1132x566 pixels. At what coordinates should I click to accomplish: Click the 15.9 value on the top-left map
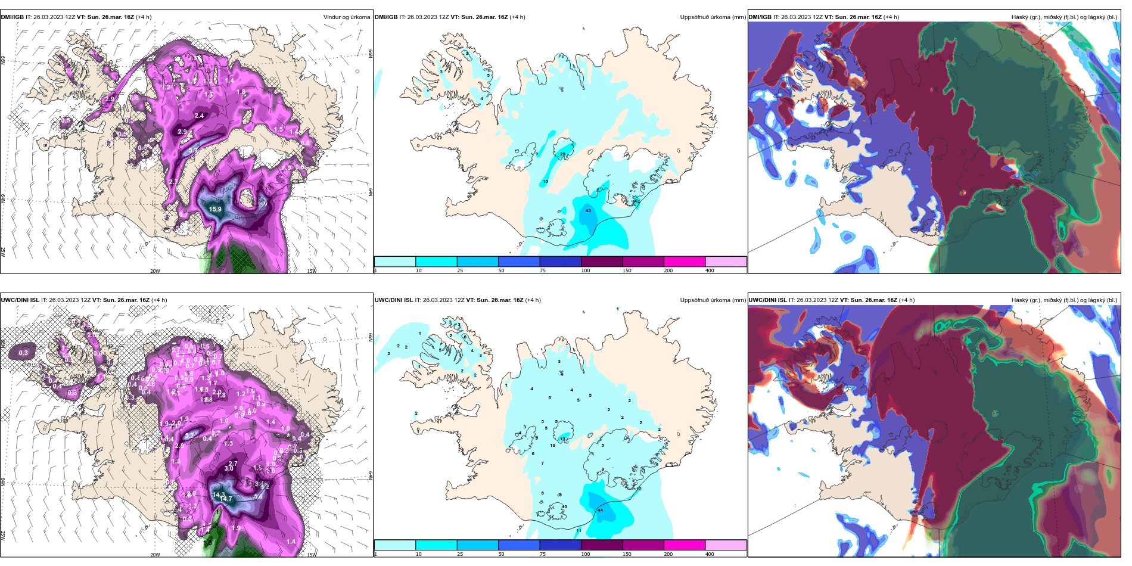pos(215,209)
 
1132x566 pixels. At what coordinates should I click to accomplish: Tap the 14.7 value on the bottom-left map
pos(226,499)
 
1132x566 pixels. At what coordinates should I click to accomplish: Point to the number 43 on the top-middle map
pos(588,210)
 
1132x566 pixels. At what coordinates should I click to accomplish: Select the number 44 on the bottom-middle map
pos(600,510)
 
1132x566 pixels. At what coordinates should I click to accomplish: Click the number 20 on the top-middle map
pos(562,154)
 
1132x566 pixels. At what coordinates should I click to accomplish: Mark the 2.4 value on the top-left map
pos(199,116)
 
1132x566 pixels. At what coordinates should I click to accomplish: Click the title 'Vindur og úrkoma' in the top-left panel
pos(346,17)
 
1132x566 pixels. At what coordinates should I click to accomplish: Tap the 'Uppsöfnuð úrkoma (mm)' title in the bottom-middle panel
pos(713,300)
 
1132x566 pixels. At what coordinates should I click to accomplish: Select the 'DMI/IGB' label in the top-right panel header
pos(760,17)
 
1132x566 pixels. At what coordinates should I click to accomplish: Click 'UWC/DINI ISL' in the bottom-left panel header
pos(20,300)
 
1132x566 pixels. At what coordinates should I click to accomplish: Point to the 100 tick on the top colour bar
pos(586,270)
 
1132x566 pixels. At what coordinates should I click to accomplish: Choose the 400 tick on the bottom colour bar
pos(710,553)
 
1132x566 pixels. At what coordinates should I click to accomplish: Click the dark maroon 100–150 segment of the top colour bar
pos(601,262)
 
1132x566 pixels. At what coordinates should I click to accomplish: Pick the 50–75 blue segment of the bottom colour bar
pos(518,545)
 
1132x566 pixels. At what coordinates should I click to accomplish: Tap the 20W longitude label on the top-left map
pos(155,271)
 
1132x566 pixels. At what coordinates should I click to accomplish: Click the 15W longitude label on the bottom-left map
pos(312,554)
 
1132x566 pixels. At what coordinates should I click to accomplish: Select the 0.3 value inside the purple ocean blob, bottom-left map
pos(23,353)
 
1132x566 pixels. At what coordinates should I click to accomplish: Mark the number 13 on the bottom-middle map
pos(562,439)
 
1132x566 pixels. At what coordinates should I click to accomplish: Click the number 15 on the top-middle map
pos(545,181)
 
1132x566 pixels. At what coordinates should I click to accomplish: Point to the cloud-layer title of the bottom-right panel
pos(1064,300)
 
